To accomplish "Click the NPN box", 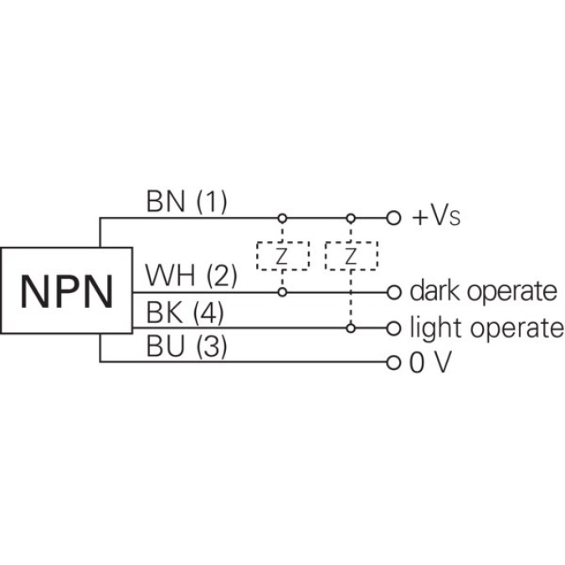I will (x=67, y=290).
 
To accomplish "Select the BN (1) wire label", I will (x=186, y=202).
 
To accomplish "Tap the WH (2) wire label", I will (x=192, y=275).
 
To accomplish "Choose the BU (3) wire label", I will (x=186, y=347).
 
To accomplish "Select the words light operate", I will (x=486, y=327).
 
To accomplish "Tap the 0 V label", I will (x=431, y=363).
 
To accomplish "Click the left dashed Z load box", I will (x=282, y=255).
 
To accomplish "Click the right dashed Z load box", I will (x=352, y=255).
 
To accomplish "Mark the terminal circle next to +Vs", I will (x=394, y=218).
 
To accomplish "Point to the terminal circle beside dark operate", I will (x=394, y=292).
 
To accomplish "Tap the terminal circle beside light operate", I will (x=394, y=327).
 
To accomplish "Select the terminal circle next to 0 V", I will (x=394, y=362).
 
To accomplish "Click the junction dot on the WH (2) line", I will (x=282, y=292).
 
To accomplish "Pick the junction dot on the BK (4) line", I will (x=352, y=327).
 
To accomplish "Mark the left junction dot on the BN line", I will (x=282, y=218).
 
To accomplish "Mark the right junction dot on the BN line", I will (x=352, y=218).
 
